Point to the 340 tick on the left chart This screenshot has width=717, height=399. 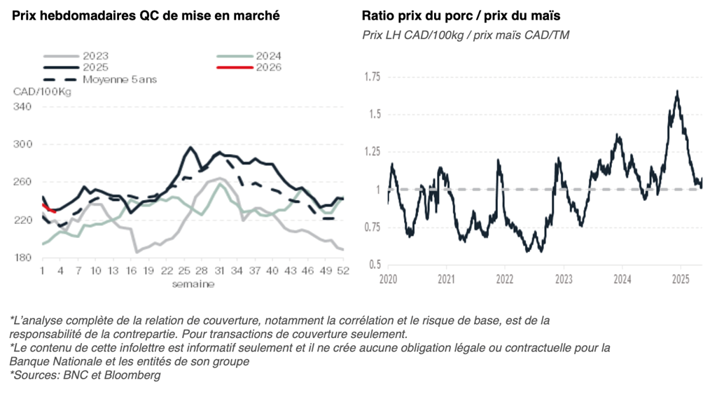(x=22, y=106)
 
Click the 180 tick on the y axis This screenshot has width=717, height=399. (x=22, y=258)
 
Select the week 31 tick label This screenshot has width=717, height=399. (x=219, y=271)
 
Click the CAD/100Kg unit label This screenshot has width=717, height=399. (x=41, y=92)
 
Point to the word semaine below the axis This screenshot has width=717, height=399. (x=193, y=284)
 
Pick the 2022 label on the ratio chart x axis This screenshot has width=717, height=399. (x=506, y=279)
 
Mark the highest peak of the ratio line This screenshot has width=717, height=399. (x=677, y=91)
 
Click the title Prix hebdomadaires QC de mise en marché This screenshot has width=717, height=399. (x=146, y=16)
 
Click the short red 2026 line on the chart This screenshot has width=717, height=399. (x=49, y=208)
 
